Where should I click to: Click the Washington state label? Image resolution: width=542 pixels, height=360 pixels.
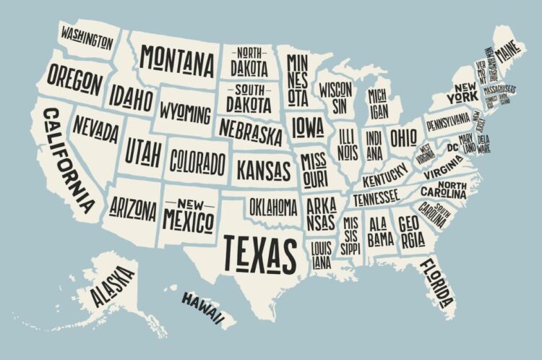tap(87, 36)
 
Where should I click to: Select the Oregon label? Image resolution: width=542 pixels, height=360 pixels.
tap(75, 80)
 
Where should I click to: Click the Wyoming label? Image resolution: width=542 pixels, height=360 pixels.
tap(186, 113)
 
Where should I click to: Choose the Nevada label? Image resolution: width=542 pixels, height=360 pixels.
tap(95, 131)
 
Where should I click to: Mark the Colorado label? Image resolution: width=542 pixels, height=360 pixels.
tap(197, 160)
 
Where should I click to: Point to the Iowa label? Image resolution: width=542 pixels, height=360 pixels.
tap(309, 127)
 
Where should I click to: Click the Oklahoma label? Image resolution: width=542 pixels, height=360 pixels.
tap(273, 207)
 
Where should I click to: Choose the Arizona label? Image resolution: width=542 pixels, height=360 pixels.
tap(133, 209)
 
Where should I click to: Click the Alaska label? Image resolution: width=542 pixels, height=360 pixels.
tap(112, 286)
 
